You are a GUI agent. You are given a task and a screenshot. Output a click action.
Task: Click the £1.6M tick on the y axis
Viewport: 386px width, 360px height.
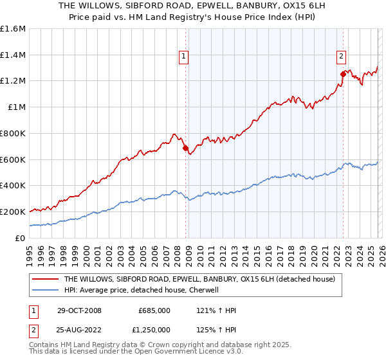(x=13, y=29)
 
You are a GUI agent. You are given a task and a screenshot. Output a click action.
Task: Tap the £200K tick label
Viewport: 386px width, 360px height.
(x=13, y=212)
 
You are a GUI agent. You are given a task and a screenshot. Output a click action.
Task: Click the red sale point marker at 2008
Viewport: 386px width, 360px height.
(x=186, y=148)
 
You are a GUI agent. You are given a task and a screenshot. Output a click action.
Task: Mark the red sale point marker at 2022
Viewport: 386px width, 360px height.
(x=343, y=75)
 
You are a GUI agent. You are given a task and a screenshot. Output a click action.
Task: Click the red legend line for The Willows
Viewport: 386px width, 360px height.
(x=46, y=280)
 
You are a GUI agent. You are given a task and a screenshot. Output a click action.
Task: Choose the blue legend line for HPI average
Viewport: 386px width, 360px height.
(x=46, y=290)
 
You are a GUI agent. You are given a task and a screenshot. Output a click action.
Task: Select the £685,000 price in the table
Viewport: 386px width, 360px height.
(x=154, y=310)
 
